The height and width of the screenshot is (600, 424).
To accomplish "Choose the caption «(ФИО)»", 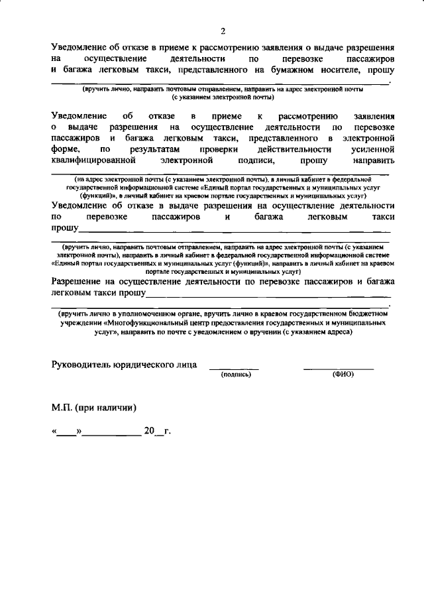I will (x=343, y=375).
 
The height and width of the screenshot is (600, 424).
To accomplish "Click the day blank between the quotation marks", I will (x=67, y=433).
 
